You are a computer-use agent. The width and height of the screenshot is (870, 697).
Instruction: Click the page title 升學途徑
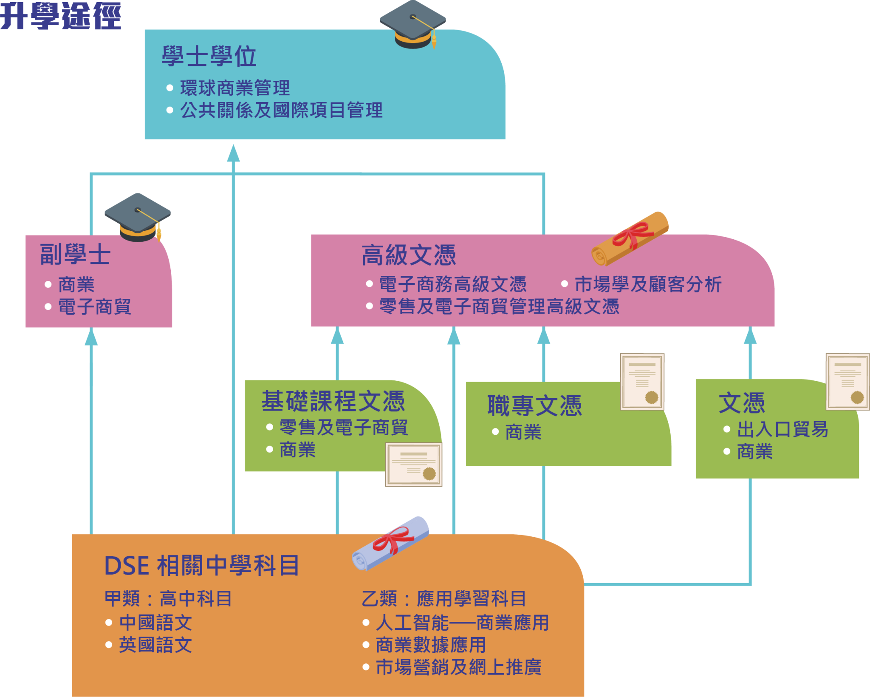pyautogui.click(x=61, y=16)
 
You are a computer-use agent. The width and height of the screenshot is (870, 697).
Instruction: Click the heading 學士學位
pyautogui.click(x=209, y=57)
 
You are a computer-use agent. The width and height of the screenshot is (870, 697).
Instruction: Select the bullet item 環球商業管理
pyautogui.click(x=235, y=88)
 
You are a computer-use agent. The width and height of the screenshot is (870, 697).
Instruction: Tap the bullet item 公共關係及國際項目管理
pyautogui.click(x=281, y=110)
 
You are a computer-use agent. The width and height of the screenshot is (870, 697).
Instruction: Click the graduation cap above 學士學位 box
pyautogui.click(x=412, y=25)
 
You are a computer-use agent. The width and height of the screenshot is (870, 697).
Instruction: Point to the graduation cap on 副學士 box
pyautogui.click(x=137, y=218)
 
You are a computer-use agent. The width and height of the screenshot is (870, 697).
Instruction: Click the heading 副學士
pyautogui.click(x=75, y=255)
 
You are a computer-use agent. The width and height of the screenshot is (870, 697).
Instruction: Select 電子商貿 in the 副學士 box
pyautogui.click(x=94, y=306)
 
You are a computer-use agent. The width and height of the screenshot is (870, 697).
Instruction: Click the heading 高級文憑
pyautogui.click(x=409, y=255)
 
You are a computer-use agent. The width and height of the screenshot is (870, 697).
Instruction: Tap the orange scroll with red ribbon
pyautogui.click(x=630, y=239)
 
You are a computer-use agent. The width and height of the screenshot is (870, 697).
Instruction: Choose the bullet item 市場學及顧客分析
pyautogui.click(x=648, y=284)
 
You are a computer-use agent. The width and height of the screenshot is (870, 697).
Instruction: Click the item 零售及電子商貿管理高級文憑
pyautogui.click(x=499, y=306)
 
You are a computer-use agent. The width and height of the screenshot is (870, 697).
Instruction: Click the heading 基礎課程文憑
pyautogui.click(x=333, y=401)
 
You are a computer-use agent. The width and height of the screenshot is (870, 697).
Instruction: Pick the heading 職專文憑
pyautogui.click(x=534, y=406)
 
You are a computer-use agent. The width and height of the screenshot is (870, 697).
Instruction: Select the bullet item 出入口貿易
pyautogui.click(x=782, y=429)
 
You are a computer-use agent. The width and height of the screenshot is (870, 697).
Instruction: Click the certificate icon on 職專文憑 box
pyautogui.click(x=642, y=382)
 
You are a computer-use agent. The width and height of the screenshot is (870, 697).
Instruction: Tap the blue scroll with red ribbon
pyautogui.click(x=390, y=544)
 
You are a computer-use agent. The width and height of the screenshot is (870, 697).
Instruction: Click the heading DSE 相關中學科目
pyautogui.click(x=202, y=566)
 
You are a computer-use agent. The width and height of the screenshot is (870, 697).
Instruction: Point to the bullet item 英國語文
pyautogui.click(x=155, y=645)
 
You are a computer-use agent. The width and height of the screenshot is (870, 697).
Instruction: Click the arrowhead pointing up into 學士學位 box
pyautogui.click(x=233, y=153)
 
